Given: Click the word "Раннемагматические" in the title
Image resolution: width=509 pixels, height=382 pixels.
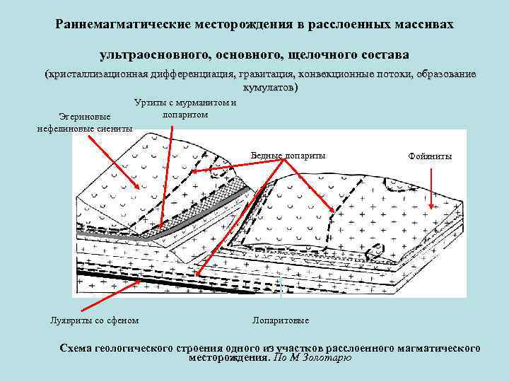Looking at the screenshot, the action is tap(115, 25).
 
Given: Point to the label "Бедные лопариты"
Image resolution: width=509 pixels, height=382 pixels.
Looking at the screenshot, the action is tap(288, 155).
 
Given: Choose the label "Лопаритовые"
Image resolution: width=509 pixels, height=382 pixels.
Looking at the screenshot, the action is tap(281, 320).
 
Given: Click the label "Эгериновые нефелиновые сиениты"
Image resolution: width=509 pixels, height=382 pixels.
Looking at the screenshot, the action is tap(83, 123).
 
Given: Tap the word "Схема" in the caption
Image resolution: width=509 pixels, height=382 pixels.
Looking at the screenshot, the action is tap(80, 348).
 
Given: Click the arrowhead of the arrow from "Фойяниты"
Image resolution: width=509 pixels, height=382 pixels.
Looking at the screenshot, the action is tap(442, 210).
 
